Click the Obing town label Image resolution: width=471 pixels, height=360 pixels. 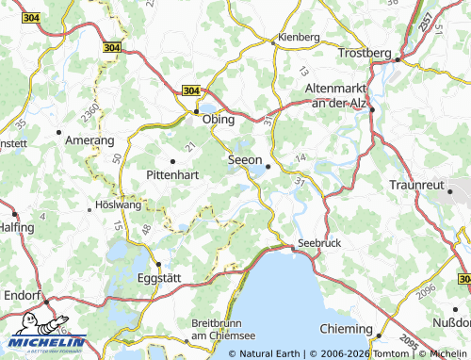pyautogui.click(x=219, y=121)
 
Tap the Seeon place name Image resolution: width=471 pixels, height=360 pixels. pyautogui.click(x=245, y=161)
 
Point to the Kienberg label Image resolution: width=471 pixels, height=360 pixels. pyautogui.click(x=298, y=37)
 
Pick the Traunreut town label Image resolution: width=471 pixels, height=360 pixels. pyautogui.click(x=415, y=186)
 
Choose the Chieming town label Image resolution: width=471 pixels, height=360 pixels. pyautogui.click(x=347, y=327)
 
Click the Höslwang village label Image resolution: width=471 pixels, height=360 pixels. pyautogui.click(x=118, y=206)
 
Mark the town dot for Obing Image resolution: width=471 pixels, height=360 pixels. pyautogui.click(x=197, y=111)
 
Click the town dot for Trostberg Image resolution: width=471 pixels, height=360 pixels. pyautogui.click(x=398, y=60)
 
